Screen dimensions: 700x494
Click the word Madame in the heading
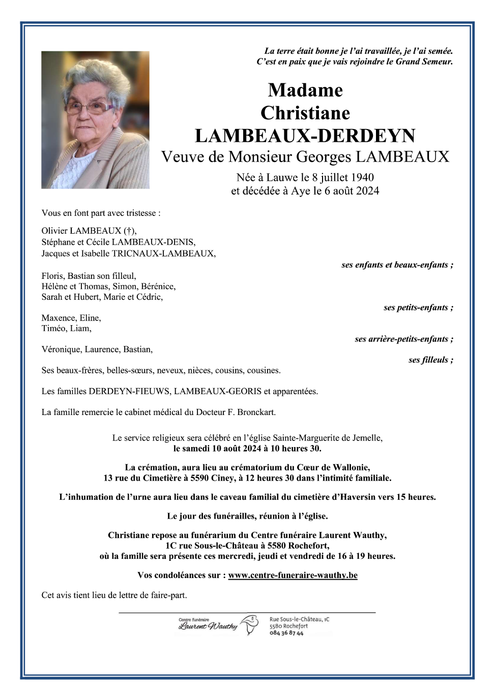coord(305,90)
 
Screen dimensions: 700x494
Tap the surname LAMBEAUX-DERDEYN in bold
coord(305,136)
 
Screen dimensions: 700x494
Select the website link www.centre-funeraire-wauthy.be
coord(293,575)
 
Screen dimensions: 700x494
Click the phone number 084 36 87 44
coord(286,633)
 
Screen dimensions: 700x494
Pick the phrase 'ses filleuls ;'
coord(430,360)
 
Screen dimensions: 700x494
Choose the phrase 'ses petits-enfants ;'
coord(418,307)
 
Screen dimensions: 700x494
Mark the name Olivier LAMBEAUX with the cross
coord(89,231)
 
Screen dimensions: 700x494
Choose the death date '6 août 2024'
coord(352,191)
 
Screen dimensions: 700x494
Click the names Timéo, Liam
coord(67,328)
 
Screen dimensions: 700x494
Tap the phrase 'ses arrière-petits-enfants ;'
coord(404,339)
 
